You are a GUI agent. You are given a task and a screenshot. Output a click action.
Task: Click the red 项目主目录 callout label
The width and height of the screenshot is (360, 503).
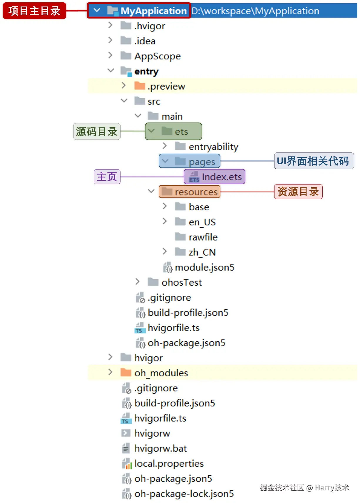(34, 11)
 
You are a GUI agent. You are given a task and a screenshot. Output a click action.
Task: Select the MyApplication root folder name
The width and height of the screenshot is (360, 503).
(153, 11)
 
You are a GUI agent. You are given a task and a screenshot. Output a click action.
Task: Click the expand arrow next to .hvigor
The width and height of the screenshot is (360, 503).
(110, 25)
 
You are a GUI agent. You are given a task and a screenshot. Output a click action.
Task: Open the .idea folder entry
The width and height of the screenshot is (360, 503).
(145, 41)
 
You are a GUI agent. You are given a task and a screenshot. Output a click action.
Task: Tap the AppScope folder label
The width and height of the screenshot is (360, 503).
(157, 56)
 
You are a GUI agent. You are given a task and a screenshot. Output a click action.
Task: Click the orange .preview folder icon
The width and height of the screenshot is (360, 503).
(140, 86)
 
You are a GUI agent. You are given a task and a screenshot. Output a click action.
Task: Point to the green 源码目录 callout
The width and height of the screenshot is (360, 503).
(97, 131)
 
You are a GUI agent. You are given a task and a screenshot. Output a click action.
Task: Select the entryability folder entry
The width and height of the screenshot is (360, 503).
(213, 146)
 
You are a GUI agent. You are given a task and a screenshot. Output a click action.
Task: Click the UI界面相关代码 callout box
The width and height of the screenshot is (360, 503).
(314, 161)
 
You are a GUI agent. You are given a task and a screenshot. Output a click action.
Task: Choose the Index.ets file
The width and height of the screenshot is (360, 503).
(221, 177)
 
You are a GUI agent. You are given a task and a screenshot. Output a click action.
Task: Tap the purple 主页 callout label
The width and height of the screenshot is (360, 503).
(107, 177)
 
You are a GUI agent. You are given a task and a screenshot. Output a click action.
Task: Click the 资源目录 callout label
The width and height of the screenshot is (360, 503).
(298, 192)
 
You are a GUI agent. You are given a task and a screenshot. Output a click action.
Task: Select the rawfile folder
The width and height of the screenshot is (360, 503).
(203, 237)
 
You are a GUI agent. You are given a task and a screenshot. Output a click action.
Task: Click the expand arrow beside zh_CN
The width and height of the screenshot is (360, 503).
(165, 251)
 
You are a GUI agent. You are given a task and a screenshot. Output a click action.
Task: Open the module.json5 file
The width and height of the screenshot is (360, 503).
(204, 267)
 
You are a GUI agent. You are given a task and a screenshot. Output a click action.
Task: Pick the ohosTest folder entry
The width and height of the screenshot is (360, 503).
(181, 282)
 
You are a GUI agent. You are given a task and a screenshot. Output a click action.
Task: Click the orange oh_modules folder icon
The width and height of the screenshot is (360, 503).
(126, 373)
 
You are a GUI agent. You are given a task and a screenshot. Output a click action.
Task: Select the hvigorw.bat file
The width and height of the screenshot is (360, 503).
(160, 448)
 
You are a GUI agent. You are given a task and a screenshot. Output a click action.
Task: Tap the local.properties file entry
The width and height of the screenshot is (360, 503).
(169, 464)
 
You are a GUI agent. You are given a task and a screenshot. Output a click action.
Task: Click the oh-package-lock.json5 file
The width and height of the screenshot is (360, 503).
(184, 494)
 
